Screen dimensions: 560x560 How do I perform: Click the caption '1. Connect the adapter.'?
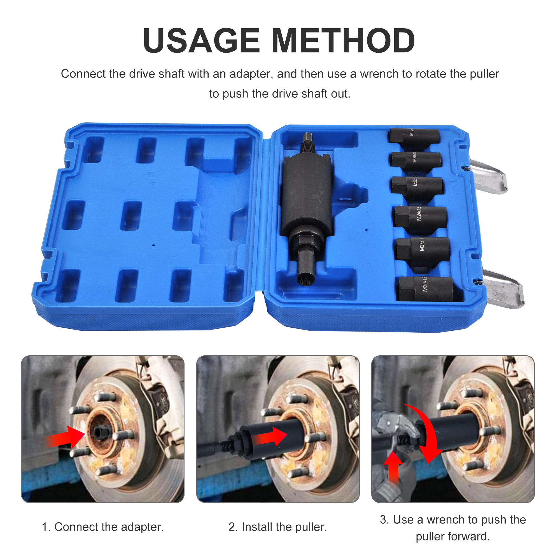click(102, 527)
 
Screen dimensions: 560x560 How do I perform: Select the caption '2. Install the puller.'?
click(278, 527)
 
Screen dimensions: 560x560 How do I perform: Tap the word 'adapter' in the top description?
click(251, 74)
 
